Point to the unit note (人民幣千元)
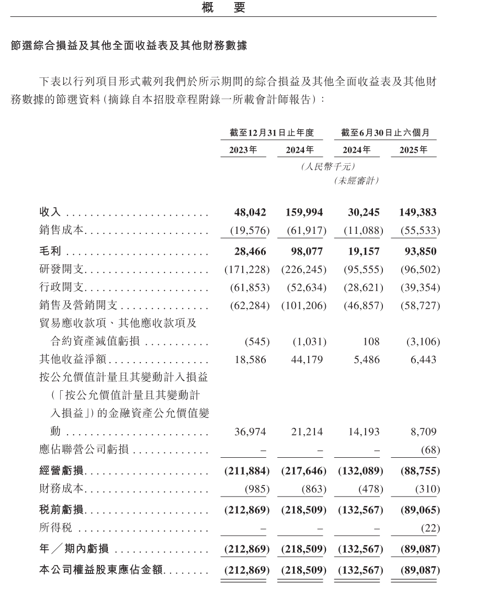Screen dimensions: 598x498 pos(329,167)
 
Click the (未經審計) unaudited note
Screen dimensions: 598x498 pos(356,181)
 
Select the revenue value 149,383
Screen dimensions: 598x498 pos(417,213)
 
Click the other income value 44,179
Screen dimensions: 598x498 pos(307,360)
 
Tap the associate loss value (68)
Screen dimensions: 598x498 pos(430,450)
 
